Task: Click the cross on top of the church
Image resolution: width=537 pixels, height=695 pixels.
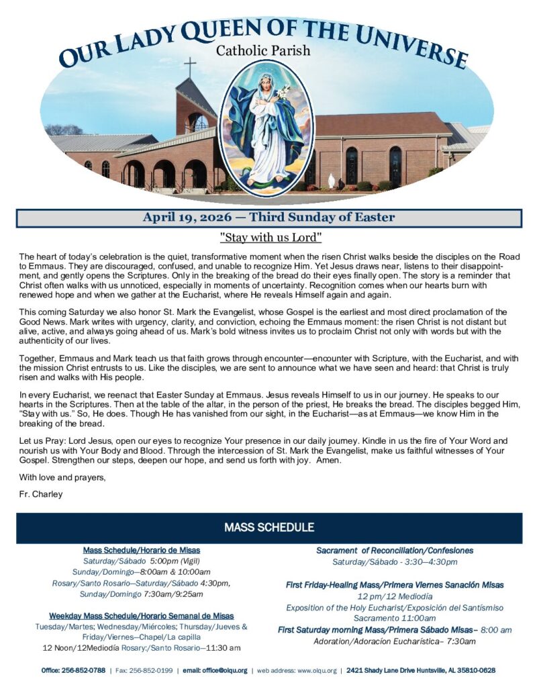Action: [x=191, y=67]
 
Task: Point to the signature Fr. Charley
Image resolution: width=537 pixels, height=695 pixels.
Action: [x=41, y=494]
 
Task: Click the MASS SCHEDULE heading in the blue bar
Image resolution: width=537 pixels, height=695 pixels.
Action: [x=269, y=528]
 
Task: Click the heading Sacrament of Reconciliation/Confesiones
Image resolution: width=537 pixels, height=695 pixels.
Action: [x=395, y=551]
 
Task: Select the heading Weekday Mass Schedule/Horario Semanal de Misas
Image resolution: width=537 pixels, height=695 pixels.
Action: [x=141, y=616]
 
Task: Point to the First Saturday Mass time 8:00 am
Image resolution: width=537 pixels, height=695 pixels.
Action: [x=497, y=630]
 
